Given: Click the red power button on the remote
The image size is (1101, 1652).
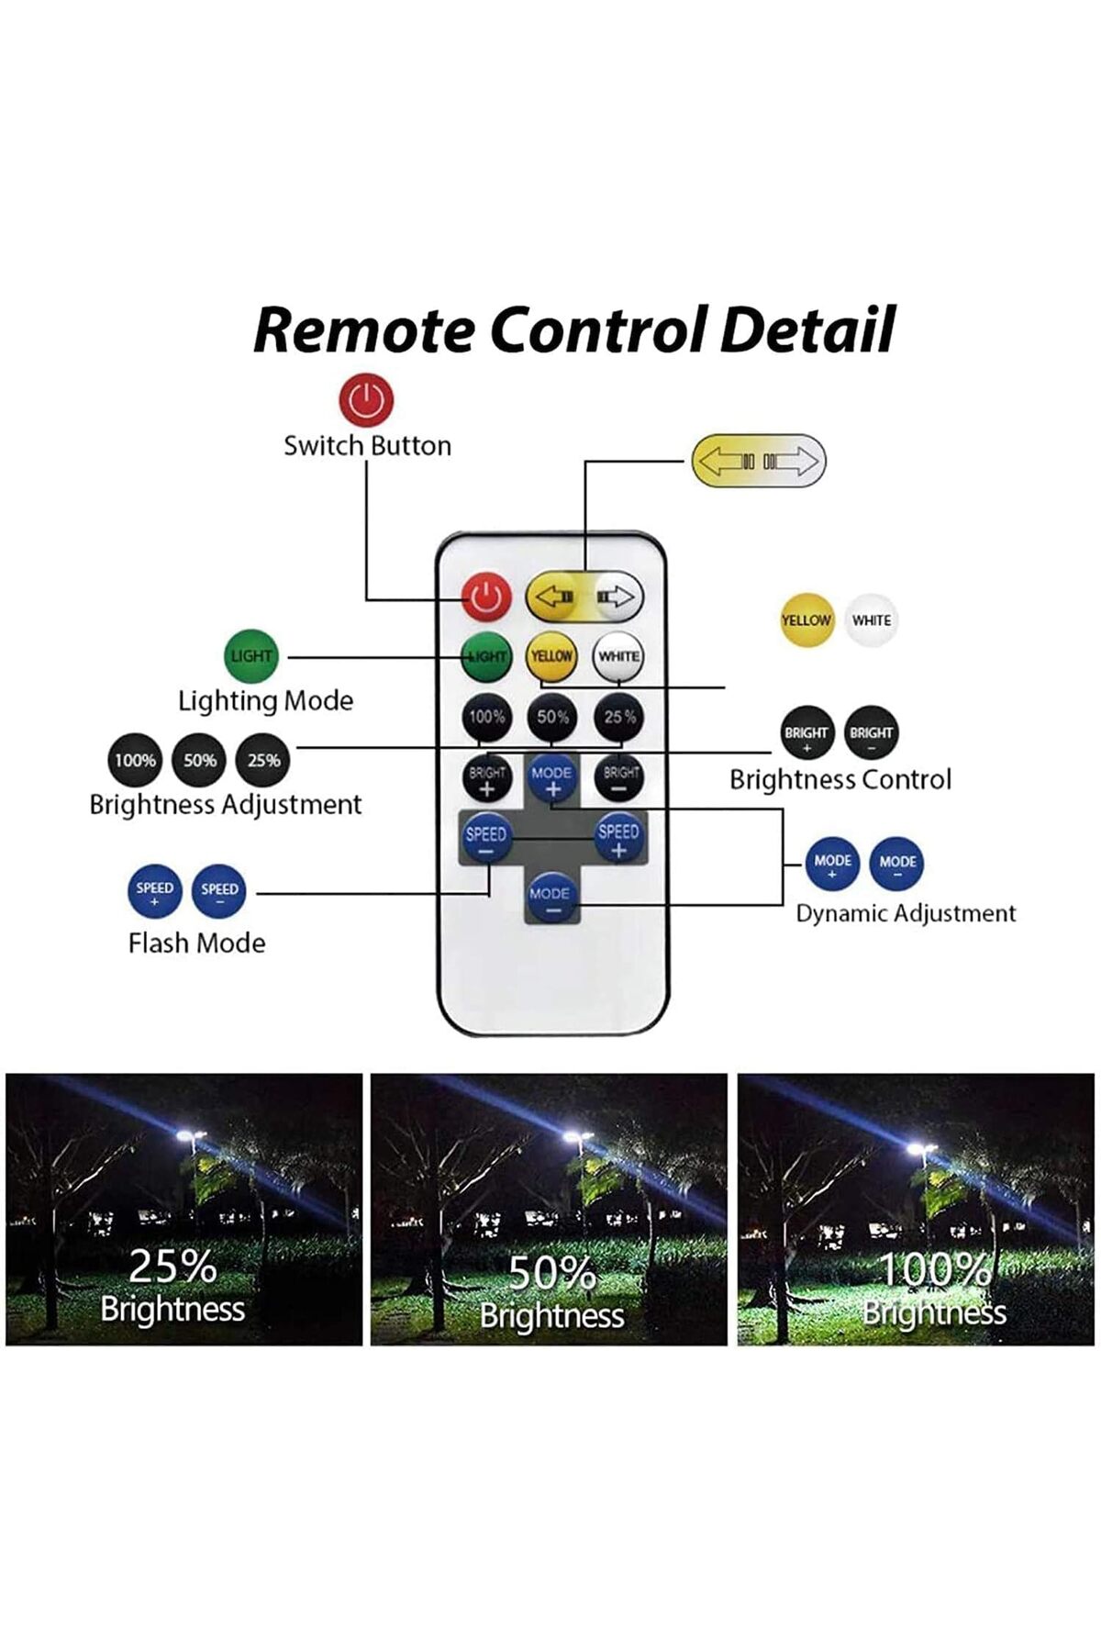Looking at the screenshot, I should pos(485,597).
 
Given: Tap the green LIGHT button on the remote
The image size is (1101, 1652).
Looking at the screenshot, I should pos(485,656).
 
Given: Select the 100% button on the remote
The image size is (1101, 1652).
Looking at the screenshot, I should pos(486,717).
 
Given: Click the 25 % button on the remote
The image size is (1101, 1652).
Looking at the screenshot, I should pos(619,717).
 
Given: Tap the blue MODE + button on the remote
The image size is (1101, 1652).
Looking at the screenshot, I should pos(551,779).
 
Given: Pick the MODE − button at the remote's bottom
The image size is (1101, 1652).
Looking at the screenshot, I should pos(550,899).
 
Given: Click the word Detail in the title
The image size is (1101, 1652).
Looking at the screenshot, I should pos(807,330).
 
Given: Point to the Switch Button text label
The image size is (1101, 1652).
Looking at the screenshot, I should pos(367,446).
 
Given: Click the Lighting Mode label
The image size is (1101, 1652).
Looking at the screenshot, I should pos(265,701).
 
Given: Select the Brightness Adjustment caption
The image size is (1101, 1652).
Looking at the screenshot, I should pos(225,805).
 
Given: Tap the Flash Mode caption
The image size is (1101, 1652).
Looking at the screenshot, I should pos(196,943).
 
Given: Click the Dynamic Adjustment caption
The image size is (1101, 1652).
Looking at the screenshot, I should pos(906,914).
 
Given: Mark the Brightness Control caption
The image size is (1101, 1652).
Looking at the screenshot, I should pos(840,780).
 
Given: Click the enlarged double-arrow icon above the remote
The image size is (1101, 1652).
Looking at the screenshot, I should pos(759,461).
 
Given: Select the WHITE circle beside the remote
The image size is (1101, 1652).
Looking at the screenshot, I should pos(871,620).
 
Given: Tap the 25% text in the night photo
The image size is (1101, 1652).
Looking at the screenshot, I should pos(172,1267).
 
